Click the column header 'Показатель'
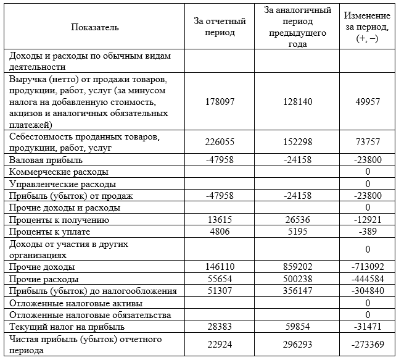tap(95, 27)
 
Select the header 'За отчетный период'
tap(220, 27)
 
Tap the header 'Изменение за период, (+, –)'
tap(366, 27)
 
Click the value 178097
tap(220, 101)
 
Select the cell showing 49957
tap(367, 101)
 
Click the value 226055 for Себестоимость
tap(220, 141)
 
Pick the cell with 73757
tap(367, 141)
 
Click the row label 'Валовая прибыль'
tap(40, 159)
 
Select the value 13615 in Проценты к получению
tap(220, 220)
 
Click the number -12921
tap(367, 220)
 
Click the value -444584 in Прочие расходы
tap(367, 279)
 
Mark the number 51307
tap(220, 291)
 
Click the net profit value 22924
tap(220, 344)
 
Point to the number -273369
tap(367, 344)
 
